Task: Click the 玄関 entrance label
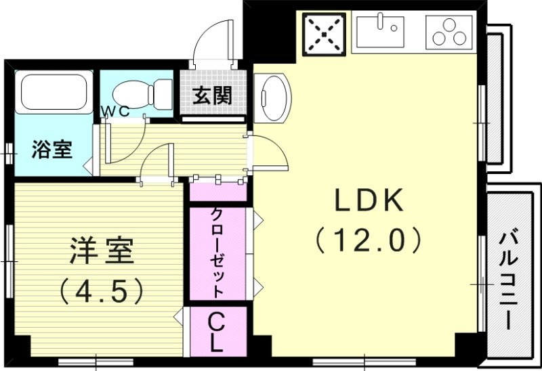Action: tap(212, 95)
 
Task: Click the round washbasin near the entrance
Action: tap(272, 96)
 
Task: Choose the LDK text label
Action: tap(369, 201)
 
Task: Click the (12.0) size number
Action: tap(369, 239)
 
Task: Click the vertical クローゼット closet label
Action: tap(219, 252)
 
